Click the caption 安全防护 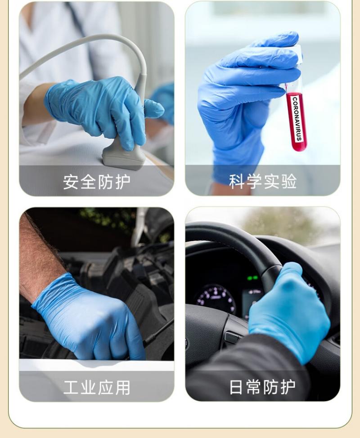[96, 182]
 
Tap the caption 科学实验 [262, 181]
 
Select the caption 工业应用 [97, 388]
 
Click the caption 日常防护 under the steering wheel [262, 387]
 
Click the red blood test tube [296, 117]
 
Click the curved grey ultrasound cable [92, 53]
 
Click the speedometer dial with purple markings [215, 299]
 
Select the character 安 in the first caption [71, 182]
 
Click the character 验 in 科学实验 [289, 181]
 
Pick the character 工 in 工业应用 [71, 388]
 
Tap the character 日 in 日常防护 [236, 387]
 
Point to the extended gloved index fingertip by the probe [157, 109]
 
